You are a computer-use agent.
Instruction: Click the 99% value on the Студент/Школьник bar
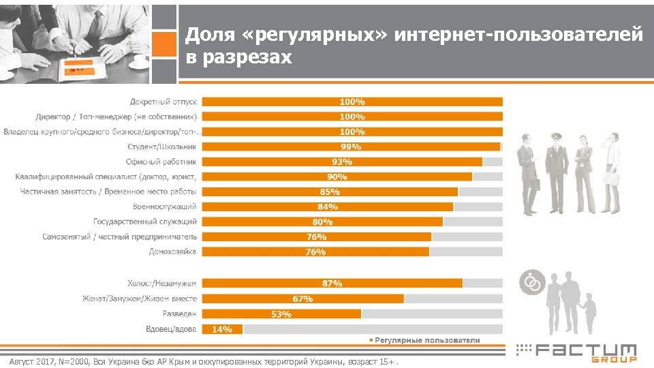[352, 147]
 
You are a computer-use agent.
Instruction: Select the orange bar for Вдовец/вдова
[223, 329]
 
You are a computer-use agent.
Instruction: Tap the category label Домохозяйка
[172, 251]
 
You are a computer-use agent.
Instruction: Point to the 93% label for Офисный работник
[342, 162]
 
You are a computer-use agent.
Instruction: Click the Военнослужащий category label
[164, 206]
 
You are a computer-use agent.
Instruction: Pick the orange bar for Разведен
[281, 314]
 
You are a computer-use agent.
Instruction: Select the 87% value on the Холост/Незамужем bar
[332, 283]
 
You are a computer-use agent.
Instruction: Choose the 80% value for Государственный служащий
[322, 221]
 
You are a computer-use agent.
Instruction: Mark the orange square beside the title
[163, 46]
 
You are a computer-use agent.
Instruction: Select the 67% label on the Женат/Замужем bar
[302, 298]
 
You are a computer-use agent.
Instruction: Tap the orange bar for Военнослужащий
[328, 206]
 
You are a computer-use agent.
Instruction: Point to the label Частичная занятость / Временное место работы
[108, 191]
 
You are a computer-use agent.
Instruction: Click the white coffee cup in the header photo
[140, 60]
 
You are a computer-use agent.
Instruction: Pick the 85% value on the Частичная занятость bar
[330, 191]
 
